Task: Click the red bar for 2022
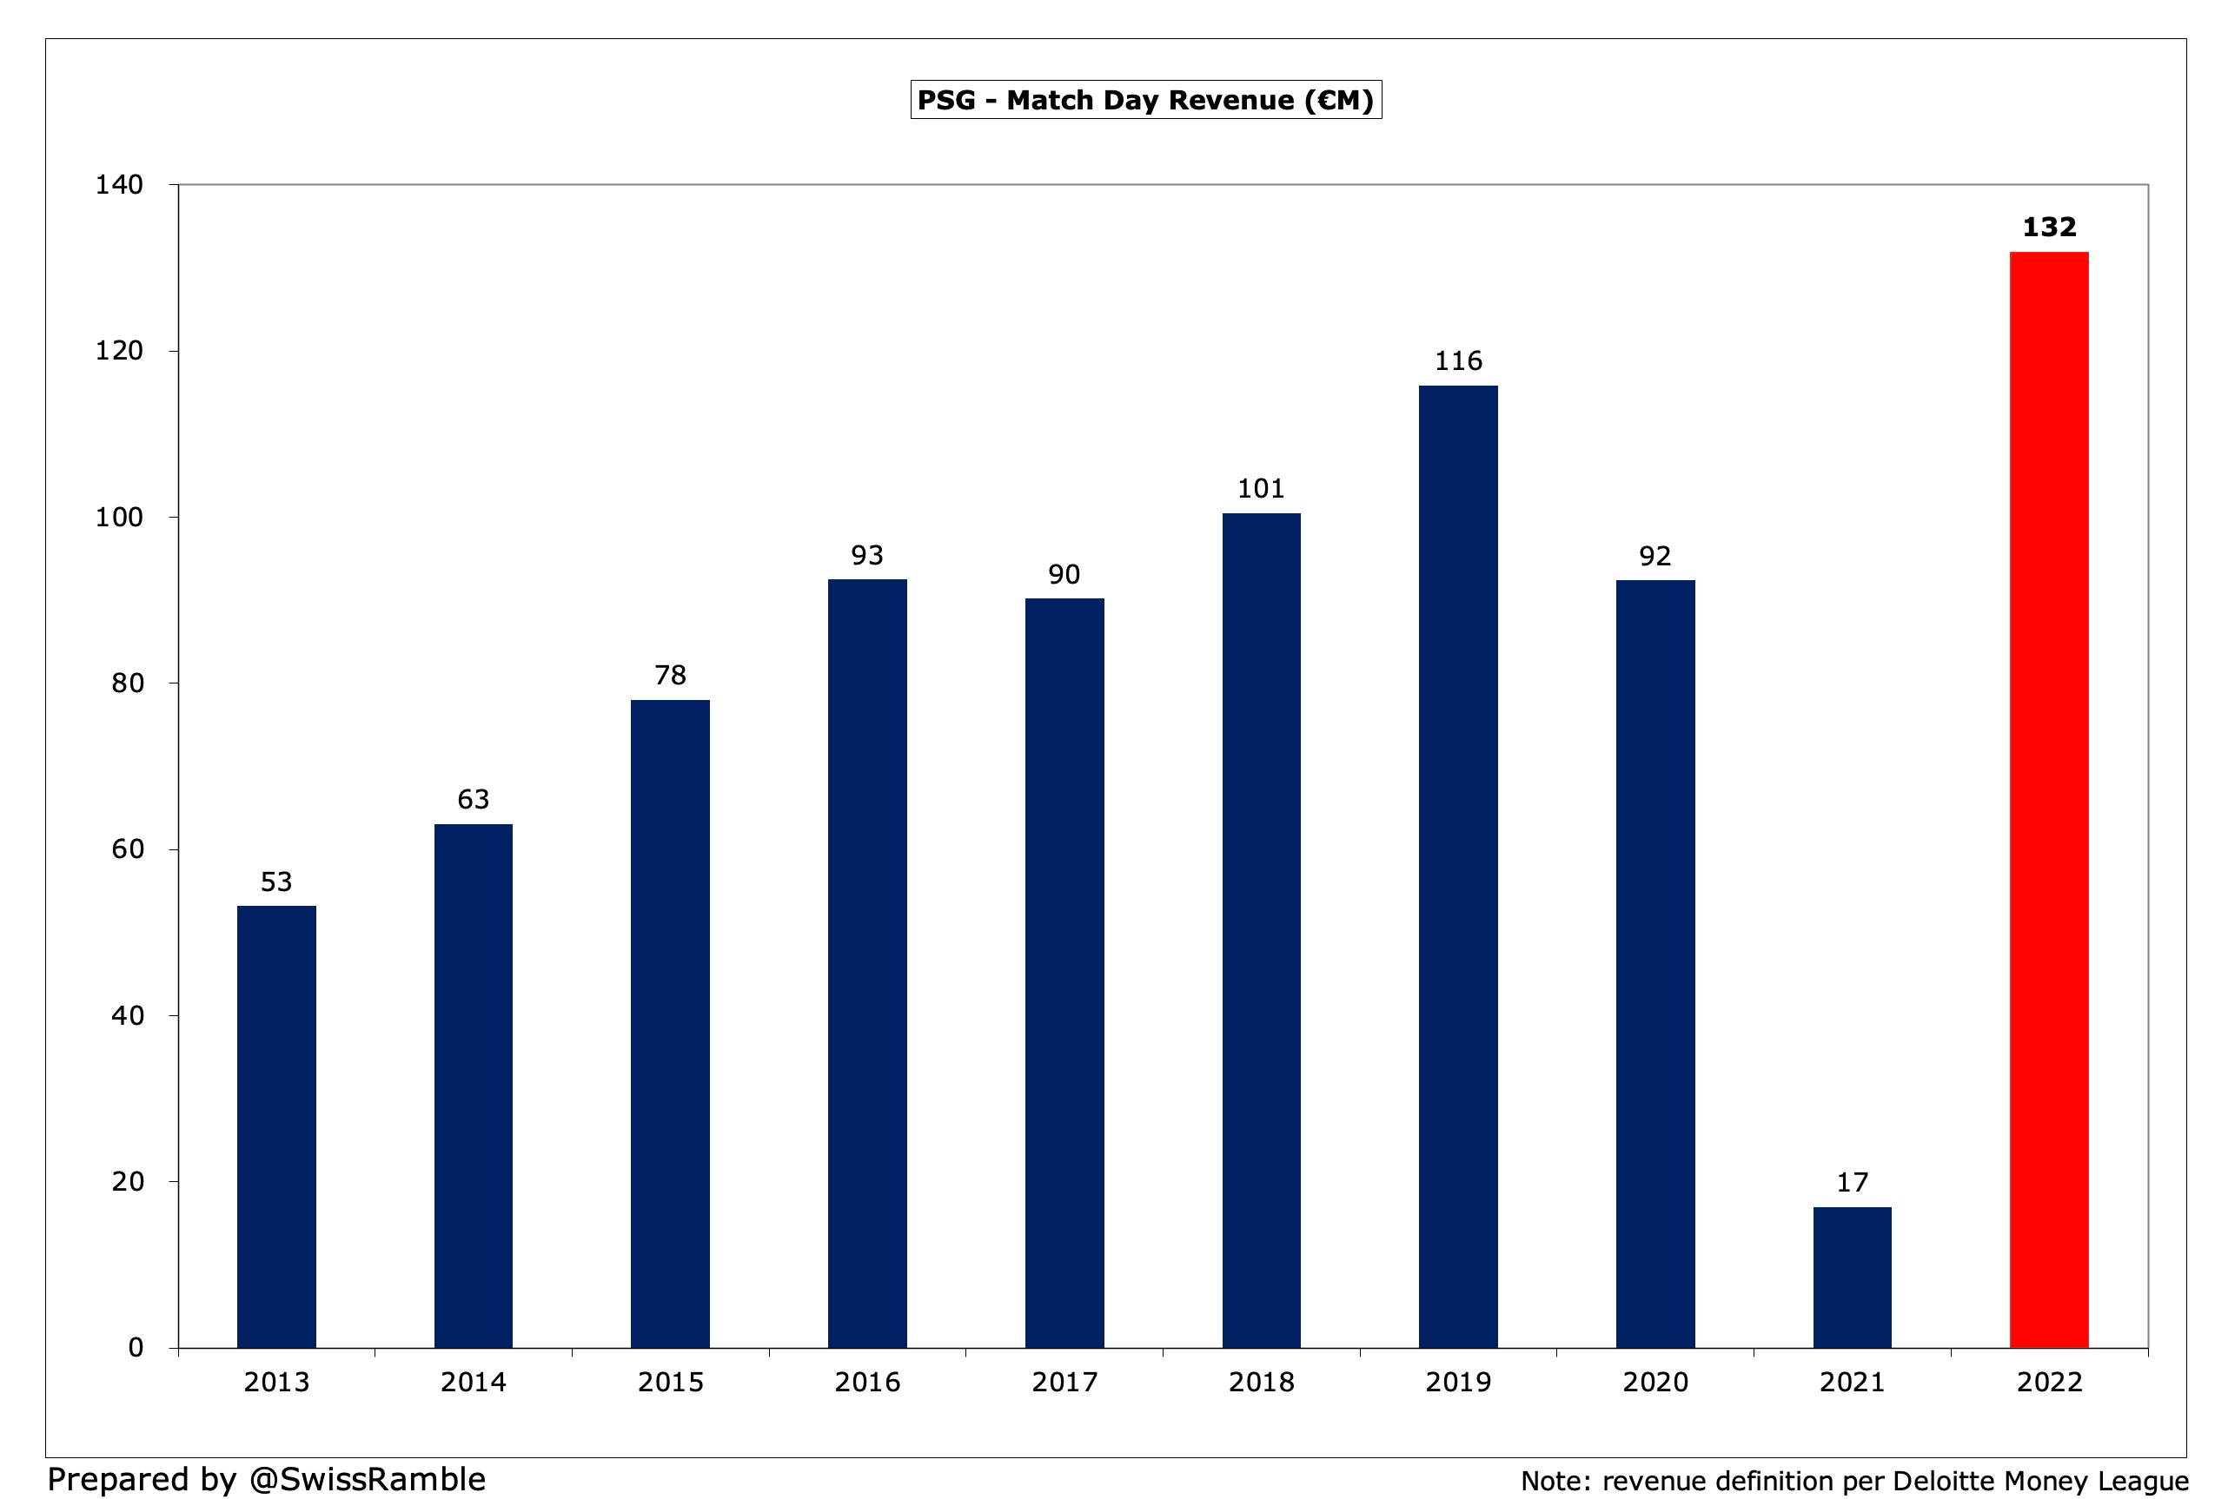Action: pyautogui.click(x=2048, y=799)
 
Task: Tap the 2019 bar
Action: pyautogui.click(x=1457, y=866)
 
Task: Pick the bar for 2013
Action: pyautogui.click(x=276, y=1126)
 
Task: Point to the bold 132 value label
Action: pyautogui.click(x=2048, y=228)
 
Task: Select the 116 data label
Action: pyautogui.click(x=1457, y=361)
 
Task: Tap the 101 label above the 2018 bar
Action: pyautogui.click(x=1260, y=488)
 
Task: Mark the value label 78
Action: pyautogui.click(x=669, y=676)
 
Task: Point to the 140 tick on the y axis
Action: pyautogui.click(x=118, y=184)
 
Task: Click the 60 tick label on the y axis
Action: pyautogui.click(x=127, y=849)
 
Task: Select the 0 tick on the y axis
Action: pyautogui.click(x=136, y=1348)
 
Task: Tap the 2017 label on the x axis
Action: pyautogui.click(x=1064, y=1383)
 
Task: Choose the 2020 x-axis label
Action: pyautogui.click(x=1654, y=1383)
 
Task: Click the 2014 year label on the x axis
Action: pyautogui.click(x=473, y=1383)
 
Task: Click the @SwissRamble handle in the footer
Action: pyautogui.click(x=368, y=1479)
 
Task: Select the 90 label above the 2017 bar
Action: pyautogui.click(x=1064, y=575)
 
